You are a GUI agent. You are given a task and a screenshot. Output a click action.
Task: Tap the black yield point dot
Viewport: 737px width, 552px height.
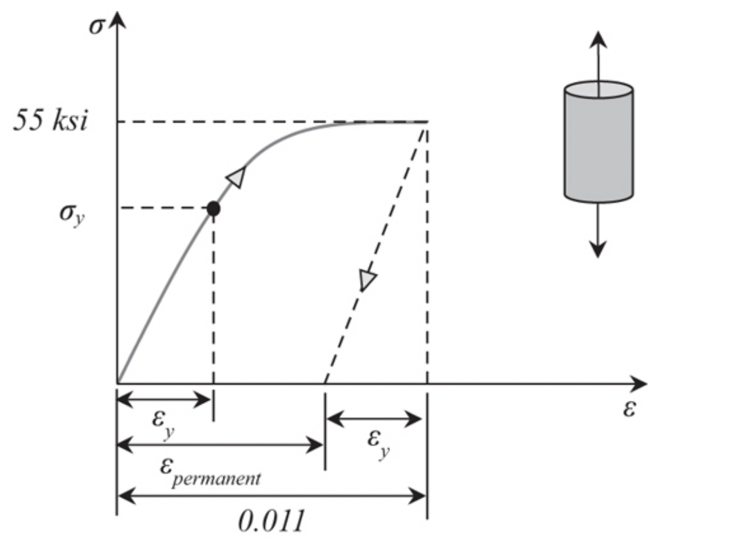click(x=213, y=209)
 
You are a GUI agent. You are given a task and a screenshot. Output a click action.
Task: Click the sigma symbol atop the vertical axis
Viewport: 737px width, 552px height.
click(x=97, y=28)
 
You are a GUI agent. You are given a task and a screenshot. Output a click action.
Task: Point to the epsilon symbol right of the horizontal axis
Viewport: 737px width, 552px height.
click(x=629, y=409)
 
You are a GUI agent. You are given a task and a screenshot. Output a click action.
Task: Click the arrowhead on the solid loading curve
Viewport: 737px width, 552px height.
click(x=236, y=176)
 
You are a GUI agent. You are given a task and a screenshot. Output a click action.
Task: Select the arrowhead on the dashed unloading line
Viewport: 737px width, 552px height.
click(x=367, y=280)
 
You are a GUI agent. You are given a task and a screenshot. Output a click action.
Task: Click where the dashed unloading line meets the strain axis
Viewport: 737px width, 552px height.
click(x=324, y=383)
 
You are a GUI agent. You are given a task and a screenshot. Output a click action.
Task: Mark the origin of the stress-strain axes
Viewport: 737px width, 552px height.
click(x=117, y=383)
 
